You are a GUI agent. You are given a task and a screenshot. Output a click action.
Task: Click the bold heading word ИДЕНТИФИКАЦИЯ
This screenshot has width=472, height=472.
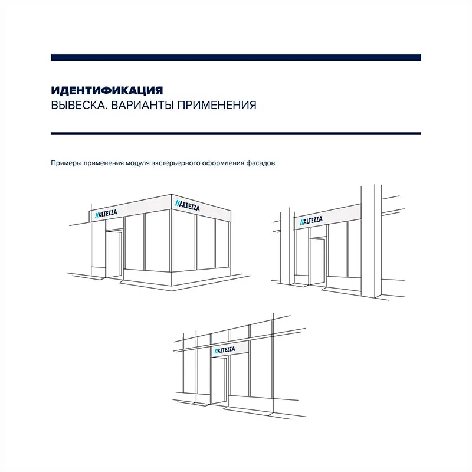coord(107,90)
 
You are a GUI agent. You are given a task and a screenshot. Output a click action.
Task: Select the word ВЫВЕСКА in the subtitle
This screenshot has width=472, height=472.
coord(79,105)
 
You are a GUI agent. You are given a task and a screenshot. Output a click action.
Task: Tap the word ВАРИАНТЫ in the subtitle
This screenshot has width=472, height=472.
coord(142,105)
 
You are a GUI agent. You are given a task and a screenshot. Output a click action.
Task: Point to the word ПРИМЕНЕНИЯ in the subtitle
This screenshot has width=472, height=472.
coord(217,105)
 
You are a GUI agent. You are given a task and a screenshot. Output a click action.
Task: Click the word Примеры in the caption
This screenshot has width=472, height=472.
coord(66,163)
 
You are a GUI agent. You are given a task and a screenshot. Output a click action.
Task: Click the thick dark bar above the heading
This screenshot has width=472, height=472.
coord(236,58)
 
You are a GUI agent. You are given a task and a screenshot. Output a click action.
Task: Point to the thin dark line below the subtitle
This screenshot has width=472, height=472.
coord(236,133)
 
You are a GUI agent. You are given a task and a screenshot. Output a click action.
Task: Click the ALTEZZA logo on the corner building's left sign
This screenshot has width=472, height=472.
coord(106,214)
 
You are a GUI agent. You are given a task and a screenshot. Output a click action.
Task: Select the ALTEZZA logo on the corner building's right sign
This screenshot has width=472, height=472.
coord(188,205)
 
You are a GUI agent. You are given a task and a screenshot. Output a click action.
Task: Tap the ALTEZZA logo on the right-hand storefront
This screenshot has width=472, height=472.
coord(312,221)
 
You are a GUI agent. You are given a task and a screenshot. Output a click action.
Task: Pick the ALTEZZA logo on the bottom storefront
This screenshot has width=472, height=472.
coord(225,350)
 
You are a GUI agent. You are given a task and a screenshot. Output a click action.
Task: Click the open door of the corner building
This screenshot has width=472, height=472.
coord(114,254)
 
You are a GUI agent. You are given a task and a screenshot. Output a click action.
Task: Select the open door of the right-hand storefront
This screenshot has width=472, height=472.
coord(317,261)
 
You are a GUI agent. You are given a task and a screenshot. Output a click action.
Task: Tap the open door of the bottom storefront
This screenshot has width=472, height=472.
coord(219,381)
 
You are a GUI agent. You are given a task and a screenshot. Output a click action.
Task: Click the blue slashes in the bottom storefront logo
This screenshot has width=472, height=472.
coord(217,351)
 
